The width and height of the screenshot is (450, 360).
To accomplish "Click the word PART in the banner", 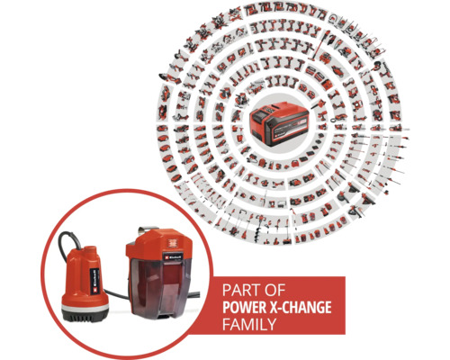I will point(237,291).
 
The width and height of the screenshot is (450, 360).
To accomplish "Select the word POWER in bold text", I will point(242,307).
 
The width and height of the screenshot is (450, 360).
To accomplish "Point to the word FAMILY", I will point(246,323).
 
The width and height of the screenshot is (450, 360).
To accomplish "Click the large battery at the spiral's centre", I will point(278,118).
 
